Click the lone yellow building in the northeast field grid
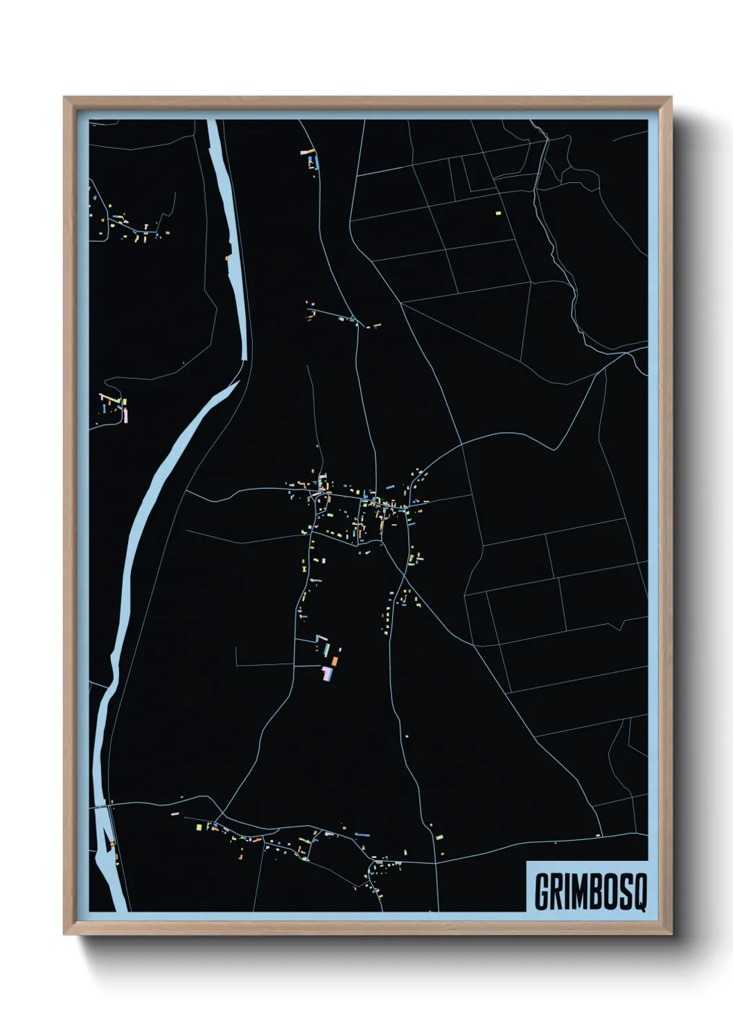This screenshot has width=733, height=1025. click(497, 213)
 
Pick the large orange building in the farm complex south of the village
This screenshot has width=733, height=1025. click(334, 661)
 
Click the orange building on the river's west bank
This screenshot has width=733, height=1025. click(227, 258)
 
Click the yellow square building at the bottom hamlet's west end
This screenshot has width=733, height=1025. click(198, 826)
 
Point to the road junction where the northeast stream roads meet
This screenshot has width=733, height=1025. click(627, 353)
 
